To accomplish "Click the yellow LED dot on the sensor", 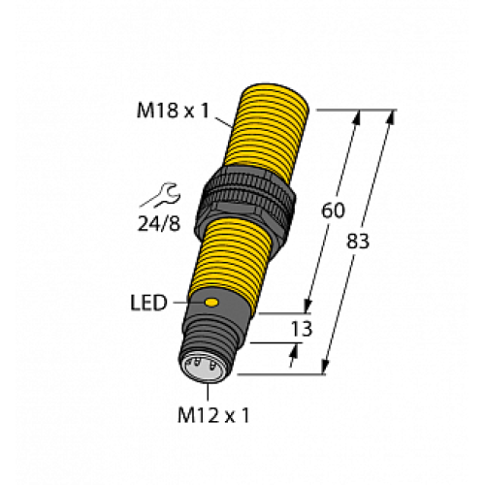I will [210, 305].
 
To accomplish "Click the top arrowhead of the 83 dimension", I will [391, 117].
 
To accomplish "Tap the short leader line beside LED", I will [183, 305].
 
